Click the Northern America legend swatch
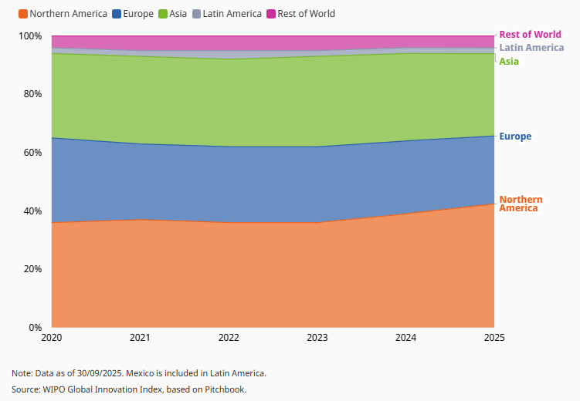(x=22, y=14)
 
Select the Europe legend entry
(x=138, y=14)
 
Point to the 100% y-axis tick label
(x=31, y=36)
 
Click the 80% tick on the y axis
(x=33, y=94)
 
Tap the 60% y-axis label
(x=33, y=153)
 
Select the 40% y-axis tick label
(x=33, y=211)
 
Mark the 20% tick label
(x=33, y=269)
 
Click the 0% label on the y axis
(x=36, y=328)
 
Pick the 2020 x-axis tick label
(x=52, y=339)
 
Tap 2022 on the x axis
(x=229, y=339)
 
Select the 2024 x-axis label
(x=405, y=339)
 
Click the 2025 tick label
(x=494, y=339)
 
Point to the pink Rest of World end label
(x=530, y=34)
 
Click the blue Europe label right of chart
(x=515, y=136)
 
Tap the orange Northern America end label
(x=521, y=204)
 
